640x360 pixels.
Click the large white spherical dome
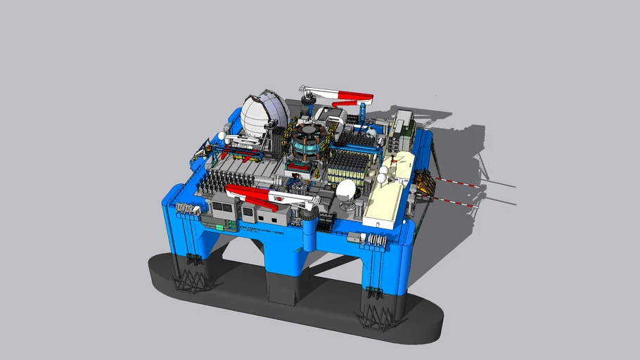[264, 115]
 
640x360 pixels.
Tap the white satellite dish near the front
[347, 191]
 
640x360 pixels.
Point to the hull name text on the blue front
[264, 229]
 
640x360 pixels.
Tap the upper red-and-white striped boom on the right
[457, 184]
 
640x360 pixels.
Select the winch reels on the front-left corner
[185, 208]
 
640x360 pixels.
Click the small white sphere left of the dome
[221, 136]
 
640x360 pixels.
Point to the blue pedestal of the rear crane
[363, 112]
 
